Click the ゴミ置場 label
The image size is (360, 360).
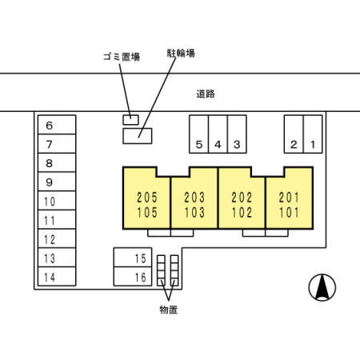coord(122,58)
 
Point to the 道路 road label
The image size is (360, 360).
coord(205,94)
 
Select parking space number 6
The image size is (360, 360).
coord(56,126)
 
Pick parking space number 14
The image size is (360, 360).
coord(56,277)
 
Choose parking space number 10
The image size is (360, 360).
coord(56,202)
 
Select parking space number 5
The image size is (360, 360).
coord(198,134)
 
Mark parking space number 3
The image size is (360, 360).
coord(237,134)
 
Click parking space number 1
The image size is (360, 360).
coord(314,134)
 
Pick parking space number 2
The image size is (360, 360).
coord(294,134)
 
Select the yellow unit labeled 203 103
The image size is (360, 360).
coord(194,204)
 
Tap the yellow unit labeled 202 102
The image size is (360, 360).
coord(242,204)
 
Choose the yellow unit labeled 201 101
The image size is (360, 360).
coord(289,204)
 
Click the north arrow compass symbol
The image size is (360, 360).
coord(322,287)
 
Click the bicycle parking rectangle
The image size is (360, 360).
coord(137,135)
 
